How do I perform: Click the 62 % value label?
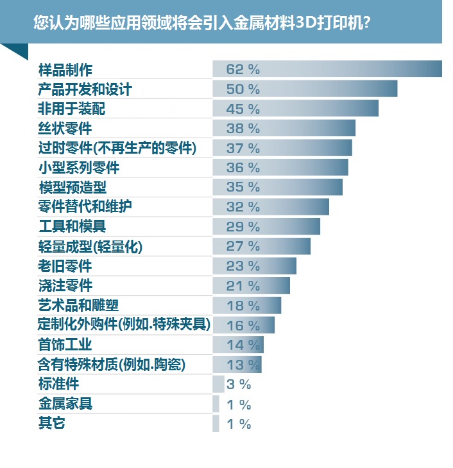pos(243,69)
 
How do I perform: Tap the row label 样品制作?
pos(65,69)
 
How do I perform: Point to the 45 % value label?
pos(243,109)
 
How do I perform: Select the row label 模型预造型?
pos(73,187)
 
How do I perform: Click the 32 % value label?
pos(243,207)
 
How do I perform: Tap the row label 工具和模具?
pos(73,226)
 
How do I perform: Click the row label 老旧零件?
pos(65,265)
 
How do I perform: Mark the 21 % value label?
pos(243,285)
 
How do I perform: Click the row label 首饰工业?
pos(65,345)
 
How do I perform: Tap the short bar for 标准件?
pos(218,384)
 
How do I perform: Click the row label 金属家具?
pos(65,404)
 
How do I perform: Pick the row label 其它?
pos(51,424)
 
